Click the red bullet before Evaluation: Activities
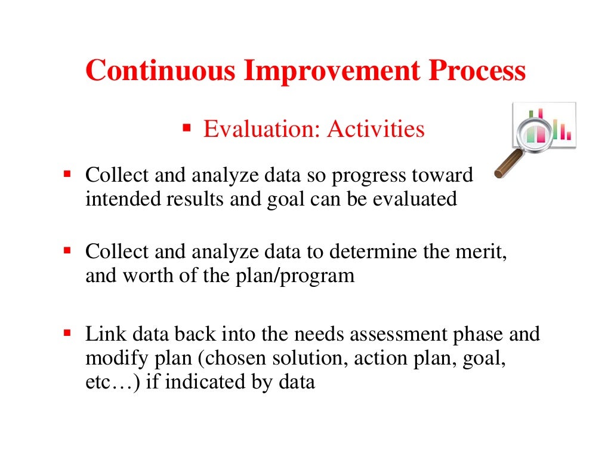[x=186, y=128]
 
